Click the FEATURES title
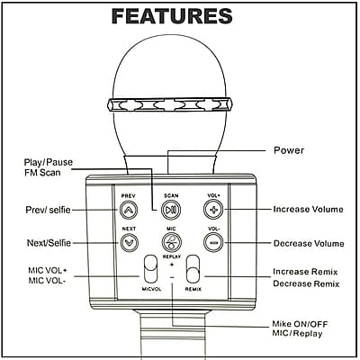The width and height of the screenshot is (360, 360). (x=172, y=16)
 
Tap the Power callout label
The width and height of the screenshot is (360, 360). (x=289, y=150)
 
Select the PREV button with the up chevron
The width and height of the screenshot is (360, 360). (x=129, y=210)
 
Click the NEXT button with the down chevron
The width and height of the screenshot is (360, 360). (x=129, y=242)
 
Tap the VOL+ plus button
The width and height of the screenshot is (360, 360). (x=213, y=210)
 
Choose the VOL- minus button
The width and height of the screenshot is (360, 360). (x=213, y=242)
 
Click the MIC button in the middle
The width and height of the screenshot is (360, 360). (x=171, y=242)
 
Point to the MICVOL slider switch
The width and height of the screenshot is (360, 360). (x=150, y=269)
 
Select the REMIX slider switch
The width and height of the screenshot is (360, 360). (x=193, y=269)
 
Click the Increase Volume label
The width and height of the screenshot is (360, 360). (x=308, y=209)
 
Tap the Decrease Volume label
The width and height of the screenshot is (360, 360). (x=309, y=243)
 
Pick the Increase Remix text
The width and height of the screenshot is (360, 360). (x=305, y=272)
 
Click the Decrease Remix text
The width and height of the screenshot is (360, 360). (x=306, y=283)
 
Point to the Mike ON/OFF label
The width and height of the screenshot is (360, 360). (x=300, y=324)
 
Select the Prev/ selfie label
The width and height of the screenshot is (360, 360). (x=49, y=210)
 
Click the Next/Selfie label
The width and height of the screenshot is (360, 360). (x=49, y=243)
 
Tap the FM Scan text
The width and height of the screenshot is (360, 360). (x=42, y=173)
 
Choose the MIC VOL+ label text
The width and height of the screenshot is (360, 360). (x=48, y=270)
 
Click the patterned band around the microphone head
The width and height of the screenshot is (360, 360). (x=170, y=105)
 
